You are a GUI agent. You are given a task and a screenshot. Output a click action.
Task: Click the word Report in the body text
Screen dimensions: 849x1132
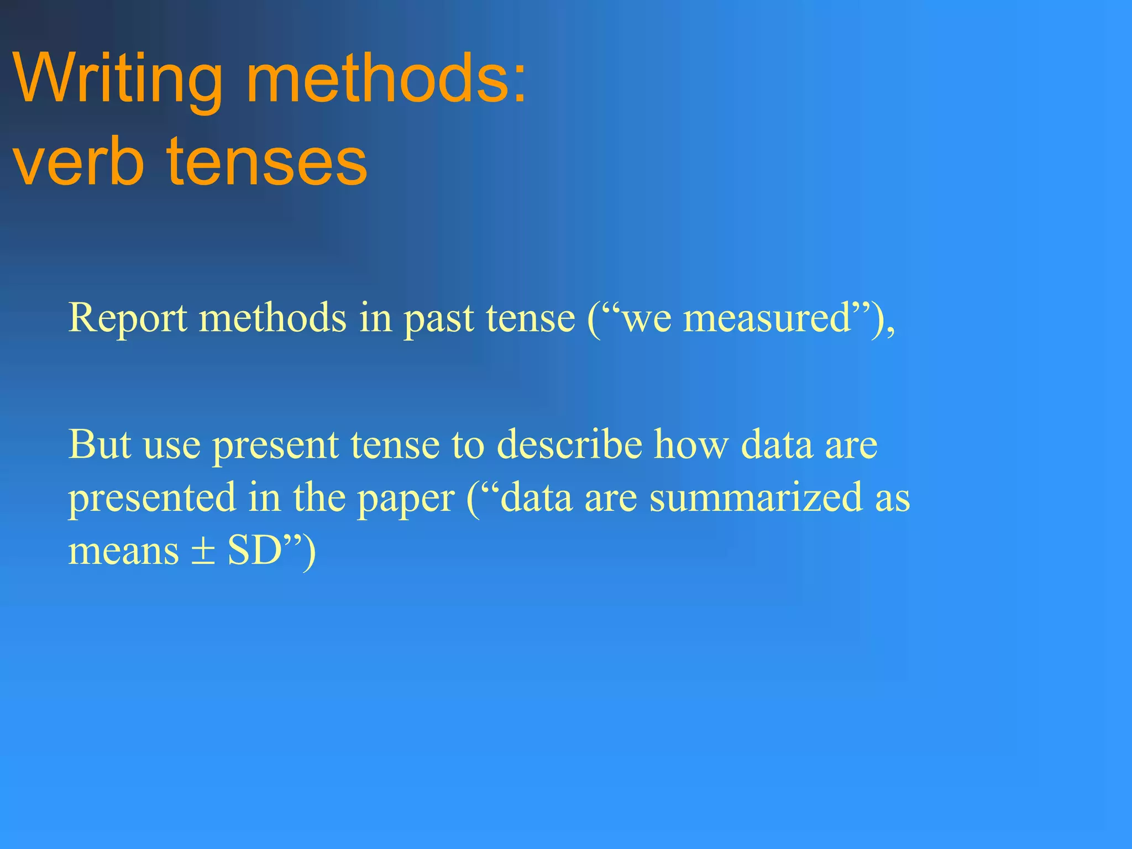tap(128, 319)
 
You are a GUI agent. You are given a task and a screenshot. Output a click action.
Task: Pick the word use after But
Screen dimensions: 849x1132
tap(172, 446)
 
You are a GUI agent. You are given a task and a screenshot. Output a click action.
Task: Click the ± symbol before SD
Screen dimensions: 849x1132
tap(203, 552)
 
